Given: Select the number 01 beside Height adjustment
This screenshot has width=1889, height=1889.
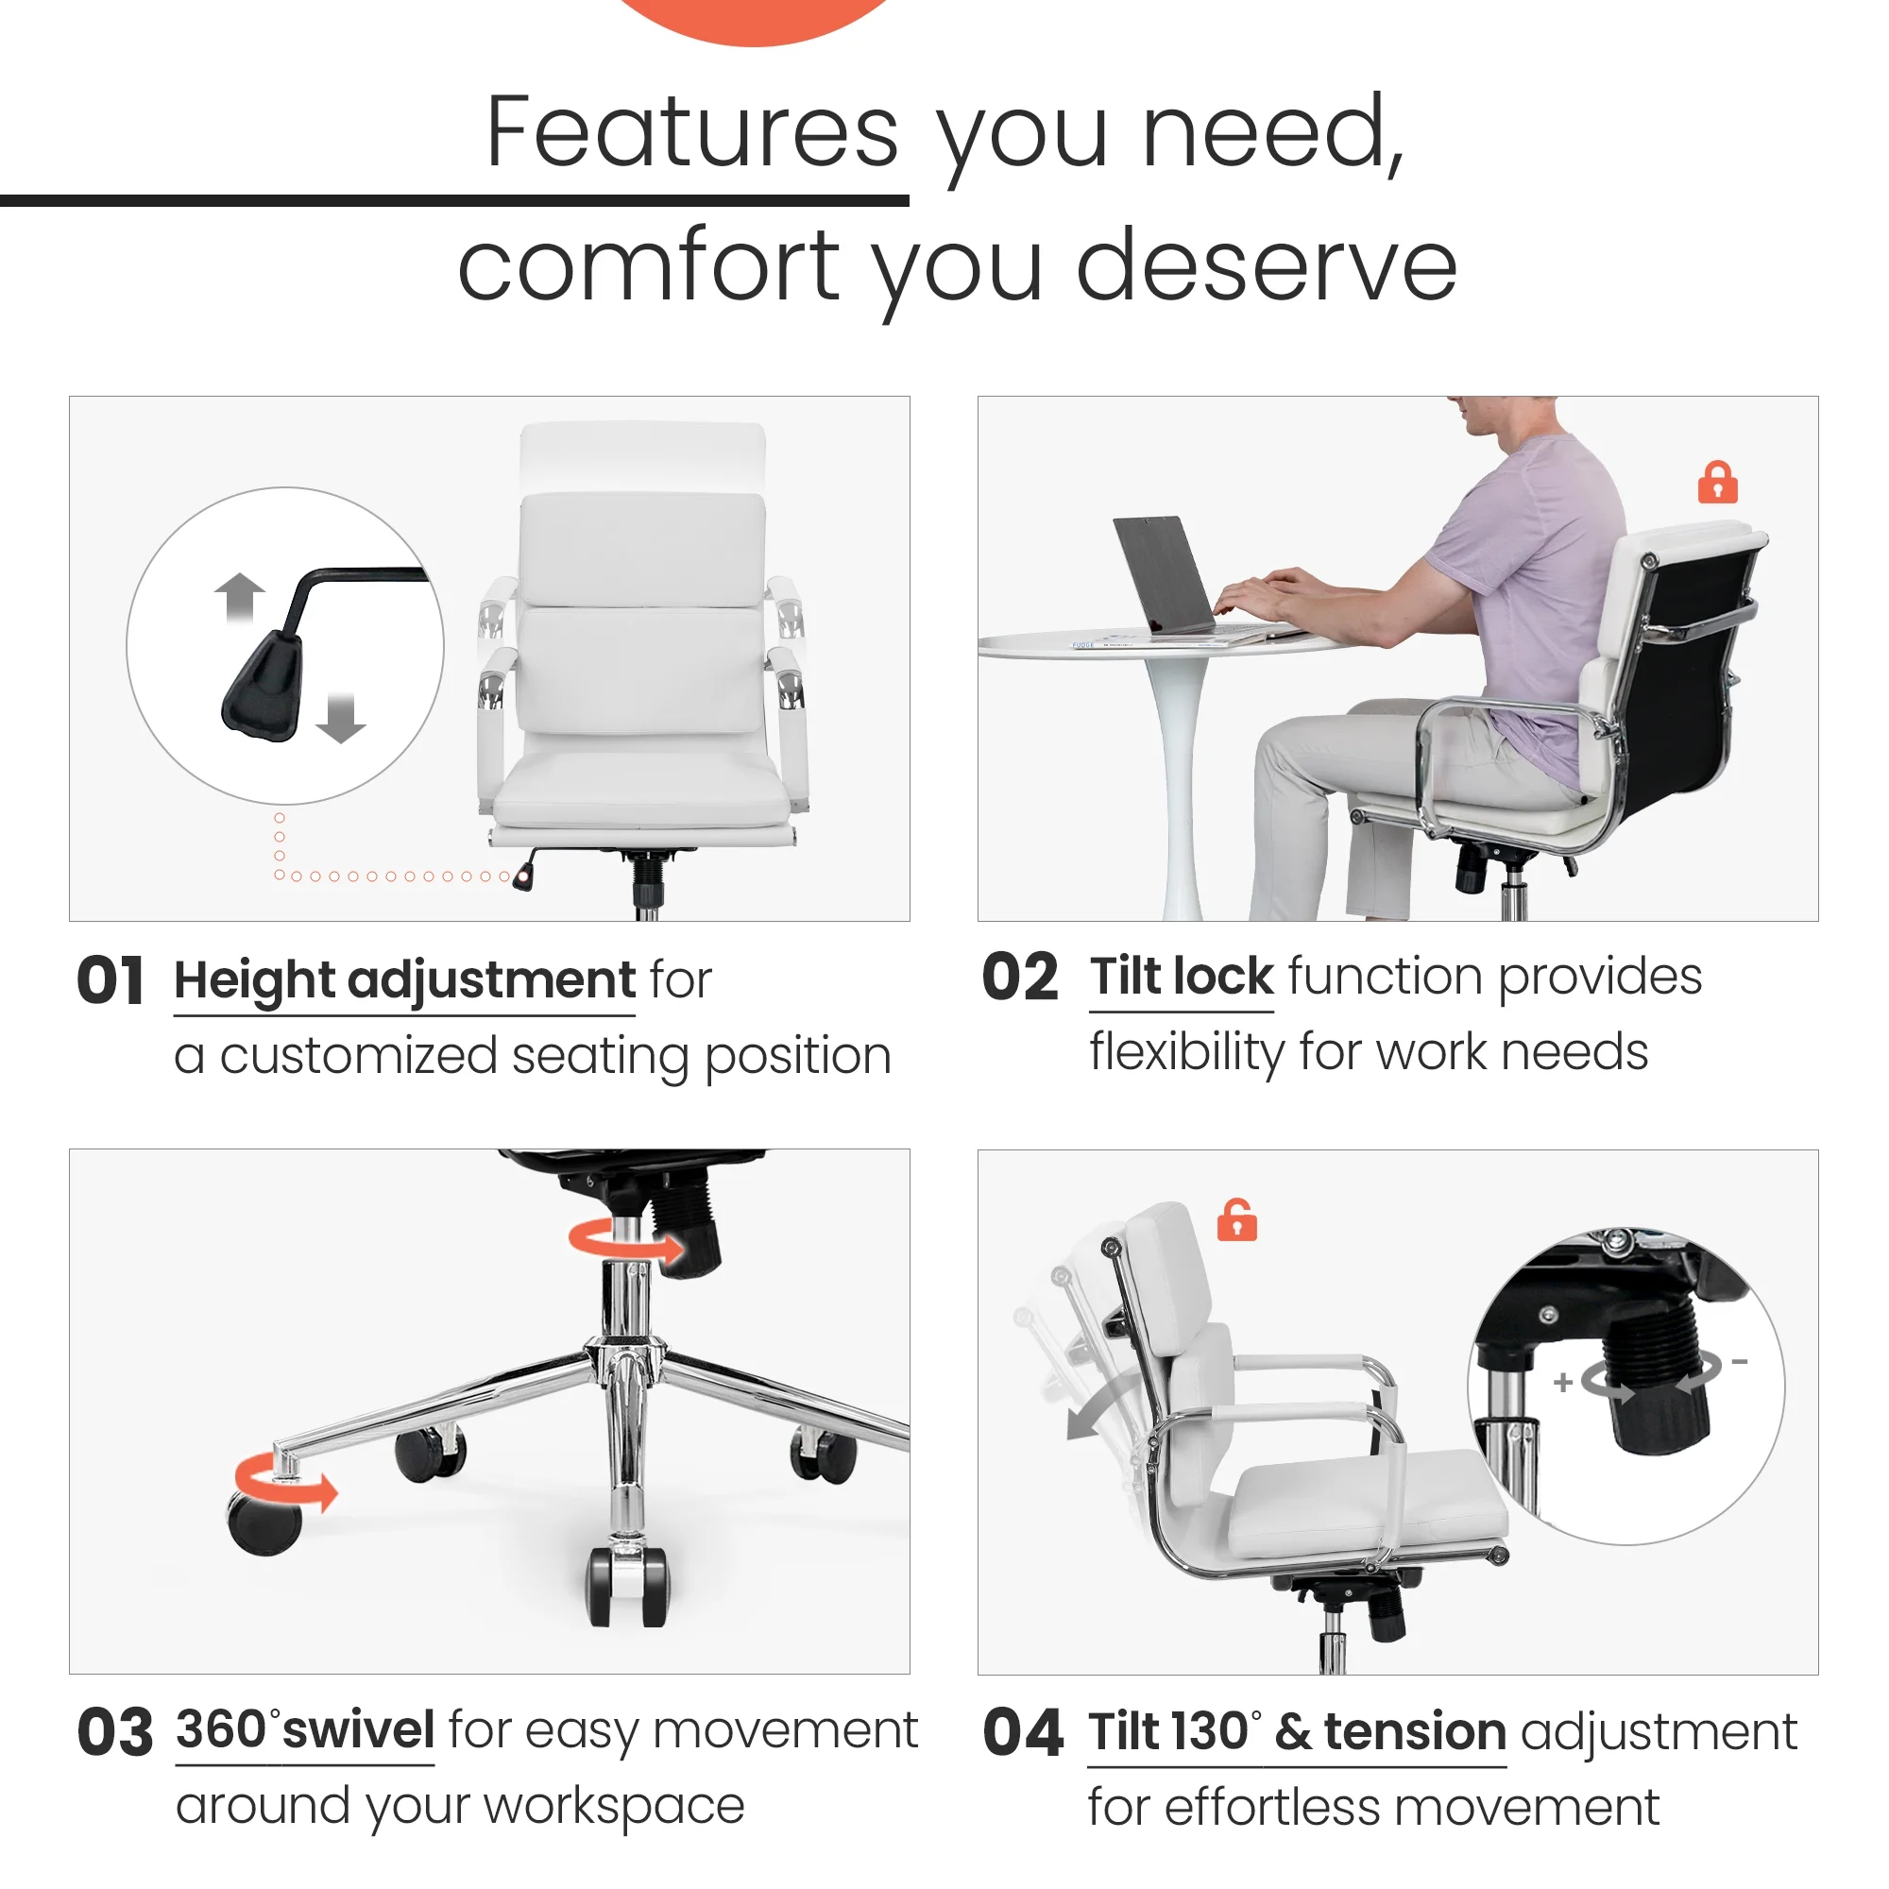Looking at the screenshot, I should pos(111,980).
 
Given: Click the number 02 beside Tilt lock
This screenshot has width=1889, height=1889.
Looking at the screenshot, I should pos(1020,977).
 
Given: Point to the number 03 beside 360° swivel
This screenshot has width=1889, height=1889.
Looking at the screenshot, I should pos(114,1733).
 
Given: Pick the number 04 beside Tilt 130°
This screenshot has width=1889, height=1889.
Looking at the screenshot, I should pos(1022,1733).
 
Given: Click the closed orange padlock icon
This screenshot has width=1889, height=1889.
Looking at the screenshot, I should pos(1717,483).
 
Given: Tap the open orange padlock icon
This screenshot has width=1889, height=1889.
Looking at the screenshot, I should pos(1237,1220).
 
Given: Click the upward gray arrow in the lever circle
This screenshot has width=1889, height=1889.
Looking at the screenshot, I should pos(240,596).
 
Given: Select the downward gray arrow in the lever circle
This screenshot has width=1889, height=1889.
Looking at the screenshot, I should pos(340,718).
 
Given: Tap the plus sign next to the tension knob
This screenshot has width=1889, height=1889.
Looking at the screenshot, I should pos(1562,1382).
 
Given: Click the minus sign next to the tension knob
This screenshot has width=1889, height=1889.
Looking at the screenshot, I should pos(1740,1362).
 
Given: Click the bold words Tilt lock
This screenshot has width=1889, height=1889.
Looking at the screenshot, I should pos(1182,977).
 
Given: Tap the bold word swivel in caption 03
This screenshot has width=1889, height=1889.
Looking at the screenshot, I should pos(359,1729).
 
